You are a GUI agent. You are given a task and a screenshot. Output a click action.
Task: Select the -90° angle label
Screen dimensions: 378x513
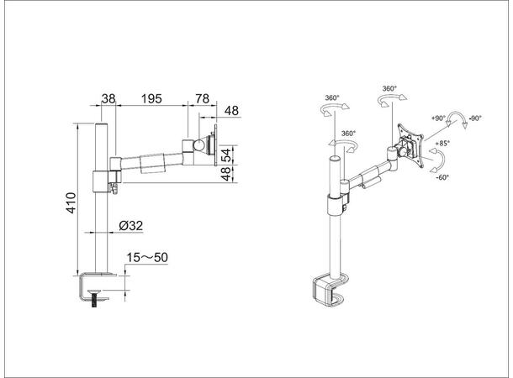[x=475, y=118]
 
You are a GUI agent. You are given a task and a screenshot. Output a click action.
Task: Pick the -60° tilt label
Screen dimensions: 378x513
[x=443, y=177]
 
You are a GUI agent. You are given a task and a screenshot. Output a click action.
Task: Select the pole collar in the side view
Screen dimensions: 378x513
[x=100, y=181]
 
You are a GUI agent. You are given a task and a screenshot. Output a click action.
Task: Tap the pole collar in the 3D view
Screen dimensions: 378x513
[x=333, y=205]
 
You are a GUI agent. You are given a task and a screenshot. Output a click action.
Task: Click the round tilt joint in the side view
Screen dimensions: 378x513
[x=202, y=145]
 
